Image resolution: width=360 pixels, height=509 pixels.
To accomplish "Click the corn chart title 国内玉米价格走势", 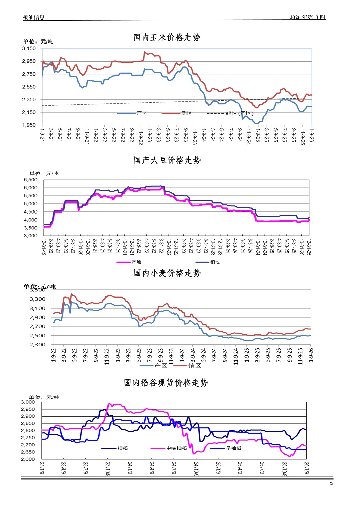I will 166,37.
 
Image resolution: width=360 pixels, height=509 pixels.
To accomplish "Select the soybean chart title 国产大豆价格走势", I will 167,160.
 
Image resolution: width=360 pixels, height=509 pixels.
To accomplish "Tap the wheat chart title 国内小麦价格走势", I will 167,273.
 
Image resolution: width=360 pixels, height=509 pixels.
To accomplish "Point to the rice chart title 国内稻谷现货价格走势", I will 166,383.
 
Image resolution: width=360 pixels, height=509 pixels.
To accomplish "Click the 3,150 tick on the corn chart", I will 29,48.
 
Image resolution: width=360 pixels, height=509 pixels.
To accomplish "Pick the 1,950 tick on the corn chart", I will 29,125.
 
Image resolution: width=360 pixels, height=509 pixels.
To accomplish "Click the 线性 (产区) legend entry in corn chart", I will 239,113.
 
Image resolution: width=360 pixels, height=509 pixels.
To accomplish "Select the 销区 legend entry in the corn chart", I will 187,113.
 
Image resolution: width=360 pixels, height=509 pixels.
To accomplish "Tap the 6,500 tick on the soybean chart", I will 30,180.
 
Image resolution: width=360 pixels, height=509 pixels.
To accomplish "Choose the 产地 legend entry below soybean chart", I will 136,262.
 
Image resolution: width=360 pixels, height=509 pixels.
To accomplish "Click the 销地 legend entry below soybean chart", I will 215,262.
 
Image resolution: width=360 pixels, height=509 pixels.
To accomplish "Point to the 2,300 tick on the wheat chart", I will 38,344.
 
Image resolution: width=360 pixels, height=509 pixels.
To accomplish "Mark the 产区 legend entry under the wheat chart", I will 161,366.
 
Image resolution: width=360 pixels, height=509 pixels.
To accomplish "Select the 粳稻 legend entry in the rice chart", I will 123,448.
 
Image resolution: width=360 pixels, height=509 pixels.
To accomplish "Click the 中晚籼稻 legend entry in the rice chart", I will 176,448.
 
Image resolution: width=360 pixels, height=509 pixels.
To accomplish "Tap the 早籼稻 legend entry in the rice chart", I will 233,448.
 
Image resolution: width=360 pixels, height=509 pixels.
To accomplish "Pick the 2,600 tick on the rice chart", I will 28,459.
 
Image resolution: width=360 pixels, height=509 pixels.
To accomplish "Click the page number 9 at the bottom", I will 331,484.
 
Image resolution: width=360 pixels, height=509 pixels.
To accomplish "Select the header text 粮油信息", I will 33,17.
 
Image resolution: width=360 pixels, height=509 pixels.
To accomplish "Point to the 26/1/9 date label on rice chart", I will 306,468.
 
